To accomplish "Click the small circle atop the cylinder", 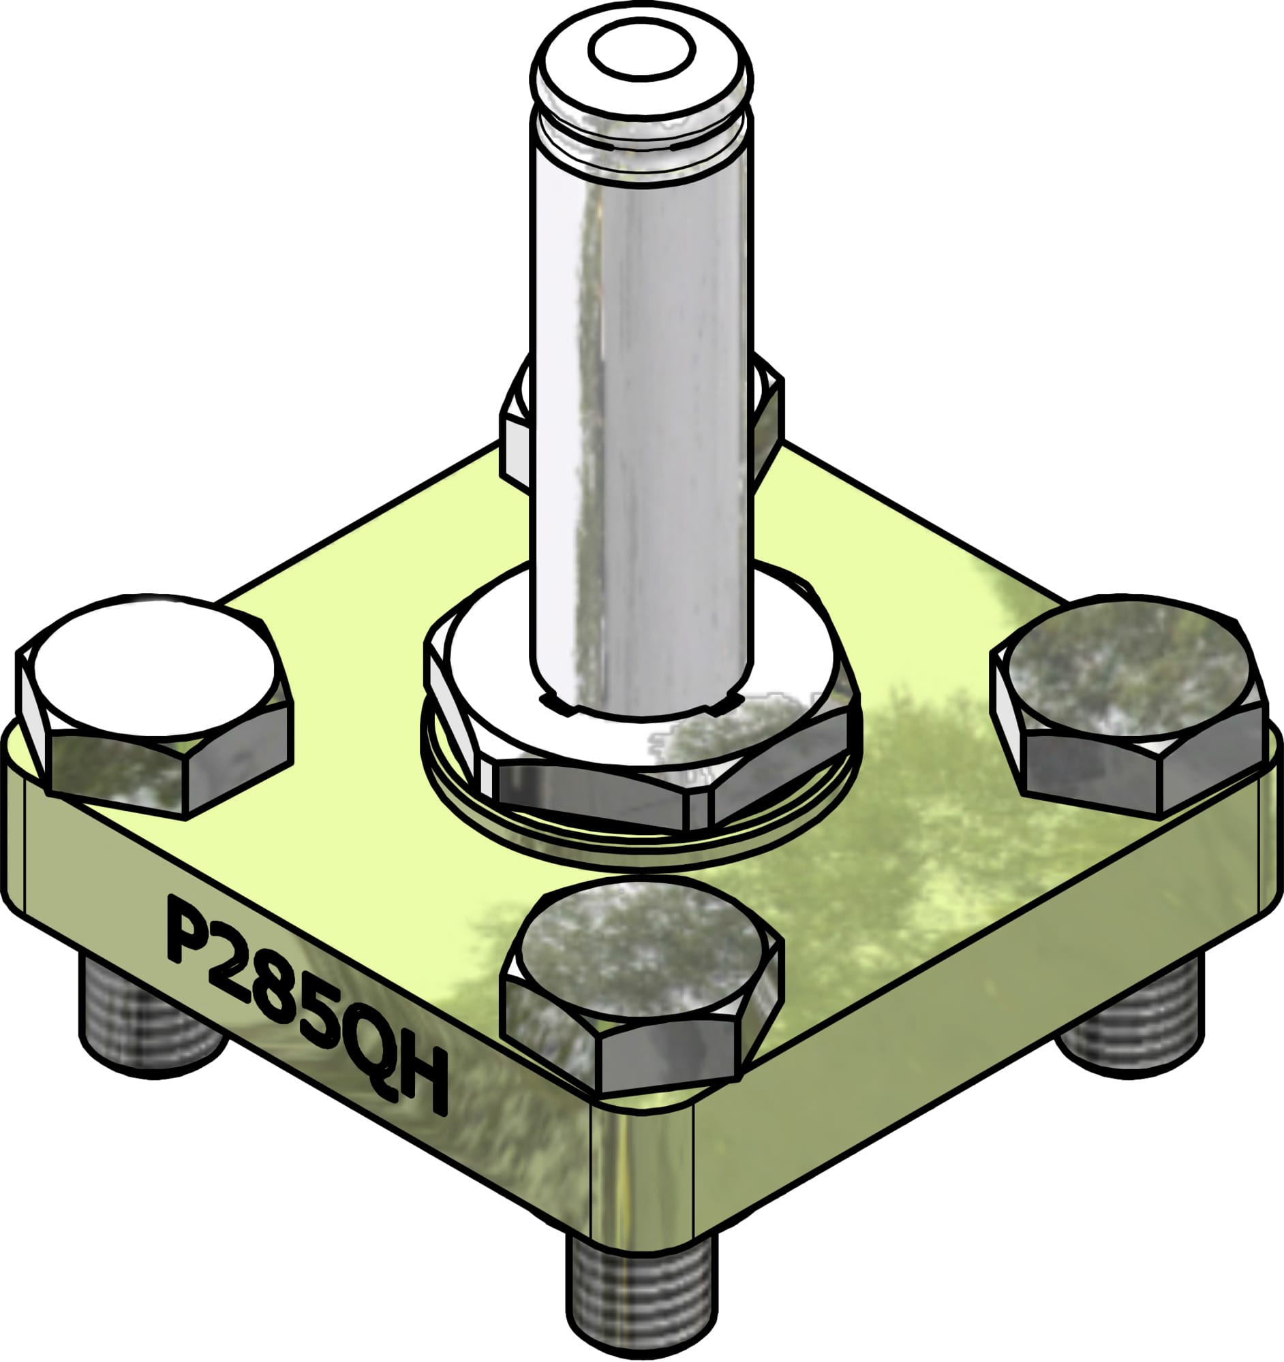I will [x=641, y=50].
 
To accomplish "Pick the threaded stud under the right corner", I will [x=1131, y=1014].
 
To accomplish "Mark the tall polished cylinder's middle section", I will [x=641, y=411].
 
